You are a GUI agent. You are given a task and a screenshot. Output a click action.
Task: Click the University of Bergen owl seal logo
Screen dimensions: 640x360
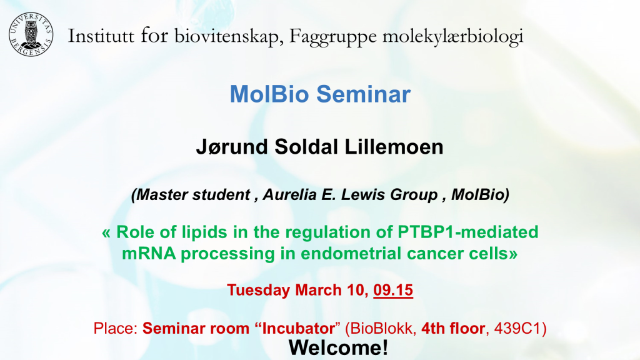pyautogui.click(x=31, y=34)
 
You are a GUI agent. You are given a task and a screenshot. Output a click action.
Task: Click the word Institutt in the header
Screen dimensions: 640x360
pyautogui.click(x=101, y=36)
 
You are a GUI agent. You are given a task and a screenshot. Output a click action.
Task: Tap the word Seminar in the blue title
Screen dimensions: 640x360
pyautogui.click(x=363, y=94)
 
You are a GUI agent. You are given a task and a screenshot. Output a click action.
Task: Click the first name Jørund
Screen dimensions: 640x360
pyautogui.click(x=232, y=147)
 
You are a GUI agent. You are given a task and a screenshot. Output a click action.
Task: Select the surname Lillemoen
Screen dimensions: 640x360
pyautogui.click(x=394, y=147)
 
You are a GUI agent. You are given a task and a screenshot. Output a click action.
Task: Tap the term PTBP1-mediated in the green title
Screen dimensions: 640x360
pyautogui.click(x=468, y=232)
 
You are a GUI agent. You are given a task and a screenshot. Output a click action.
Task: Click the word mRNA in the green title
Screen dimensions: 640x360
pyautogui.click(x=149, y=254)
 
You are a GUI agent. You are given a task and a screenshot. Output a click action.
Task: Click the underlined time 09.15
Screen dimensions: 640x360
pyautogui.click(x=393, y=290)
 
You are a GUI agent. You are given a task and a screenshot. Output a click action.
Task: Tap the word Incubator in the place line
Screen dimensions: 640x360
pyautogui.click(x=298, y=328)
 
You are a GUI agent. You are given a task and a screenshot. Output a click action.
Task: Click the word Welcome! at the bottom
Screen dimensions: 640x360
pyautogui.click(x=338, y=347)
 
